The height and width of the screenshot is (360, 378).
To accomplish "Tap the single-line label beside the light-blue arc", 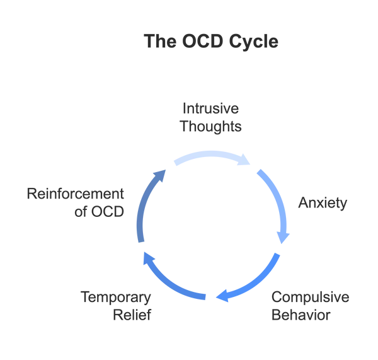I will pos(321,204).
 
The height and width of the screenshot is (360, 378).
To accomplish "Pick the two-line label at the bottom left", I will pos(115,304).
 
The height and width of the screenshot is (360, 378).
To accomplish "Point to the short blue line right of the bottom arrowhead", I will pos(246,296).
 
